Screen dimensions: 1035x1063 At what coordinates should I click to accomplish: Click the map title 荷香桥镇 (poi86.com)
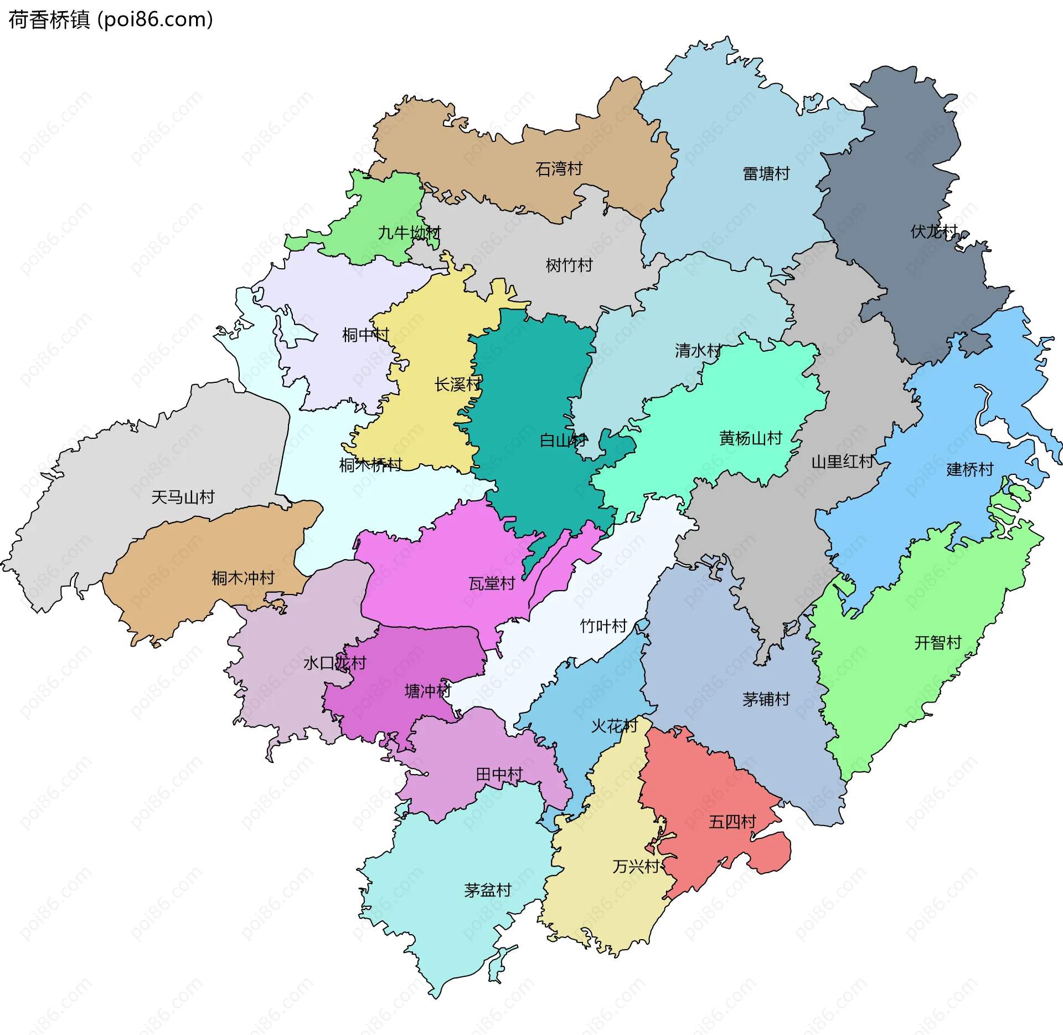click(111, 20)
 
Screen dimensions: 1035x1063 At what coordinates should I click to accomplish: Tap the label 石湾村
click(559, 168)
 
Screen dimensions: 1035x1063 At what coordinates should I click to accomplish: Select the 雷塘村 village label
click(766, 173)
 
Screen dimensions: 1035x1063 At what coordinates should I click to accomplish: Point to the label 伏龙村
click(934, 231)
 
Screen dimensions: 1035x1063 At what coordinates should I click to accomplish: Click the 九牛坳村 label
click(409, 233)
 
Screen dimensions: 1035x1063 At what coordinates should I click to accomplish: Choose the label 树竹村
click(569, 265)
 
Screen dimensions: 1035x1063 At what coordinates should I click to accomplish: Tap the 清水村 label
click(698, 350)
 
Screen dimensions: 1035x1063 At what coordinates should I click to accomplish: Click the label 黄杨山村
click(750, 438)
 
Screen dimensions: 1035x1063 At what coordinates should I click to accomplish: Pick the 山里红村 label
click(842, 462)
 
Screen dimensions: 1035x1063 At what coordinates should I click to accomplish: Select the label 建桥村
click(970, 469)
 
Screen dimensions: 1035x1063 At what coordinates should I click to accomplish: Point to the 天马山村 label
click(183, 497)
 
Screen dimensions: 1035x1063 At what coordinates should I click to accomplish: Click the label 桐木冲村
click(243, 578)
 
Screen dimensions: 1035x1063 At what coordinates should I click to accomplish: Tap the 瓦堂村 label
click(492, 583)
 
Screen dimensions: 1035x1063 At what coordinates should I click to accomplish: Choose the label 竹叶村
click(603, 626)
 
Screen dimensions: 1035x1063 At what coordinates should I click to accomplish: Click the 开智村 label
click(938, 643)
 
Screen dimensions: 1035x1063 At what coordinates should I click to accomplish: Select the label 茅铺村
click(766, 699)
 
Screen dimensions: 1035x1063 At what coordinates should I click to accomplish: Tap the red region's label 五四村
click(732, 822)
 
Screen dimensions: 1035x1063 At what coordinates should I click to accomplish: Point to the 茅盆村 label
click(488, 890)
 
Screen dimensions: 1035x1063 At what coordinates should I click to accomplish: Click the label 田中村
click(499, 774)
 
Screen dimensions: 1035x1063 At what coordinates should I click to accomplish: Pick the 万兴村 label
click(636, 866)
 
